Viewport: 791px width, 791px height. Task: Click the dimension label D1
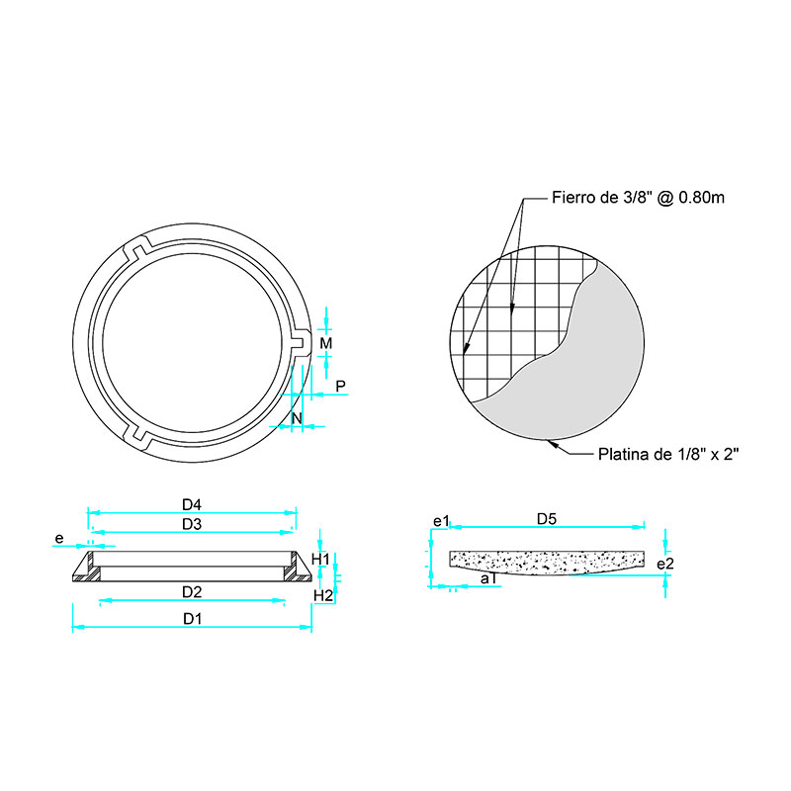coord(192,619)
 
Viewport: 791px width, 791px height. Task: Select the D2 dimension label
coord(192,592)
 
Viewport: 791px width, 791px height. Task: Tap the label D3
coord(192,525)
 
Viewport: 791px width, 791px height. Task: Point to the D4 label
coord(192,504)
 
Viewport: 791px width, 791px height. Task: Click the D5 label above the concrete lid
coord(547,519)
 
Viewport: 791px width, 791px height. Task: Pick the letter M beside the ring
coord(326,343)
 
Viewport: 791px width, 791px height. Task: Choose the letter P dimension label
coord(340,387)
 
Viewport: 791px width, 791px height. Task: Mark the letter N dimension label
coord(297,418)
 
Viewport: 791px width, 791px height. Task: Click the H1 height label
coord(320,560)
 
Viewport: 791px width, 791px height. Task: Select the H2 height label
coord(323,596)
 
